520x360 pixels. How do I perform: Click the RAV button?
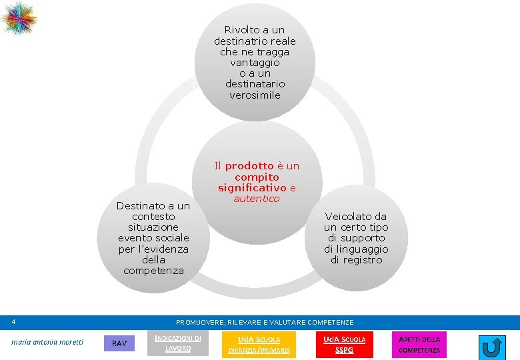click(x=119, y=343)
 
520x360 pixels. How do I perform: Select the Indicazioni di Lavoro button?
click(x=177, y=343)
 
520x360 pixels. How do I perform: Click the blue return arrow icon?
click(x=492, y=347)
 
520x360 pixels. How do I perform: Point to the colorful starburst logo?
click(x=19, y=18)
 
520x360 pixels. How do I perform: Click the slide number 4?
click(x=13, y=322)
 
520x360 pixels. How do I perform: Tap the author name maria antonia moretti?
click(x=47, y=343)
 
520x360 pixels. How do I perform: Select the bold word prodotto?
click(x=249, y=166)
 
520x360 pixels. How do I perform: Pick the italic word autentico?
click(x=256, y=199)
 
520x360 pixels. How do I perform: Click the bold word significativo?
click(x=252, y=188)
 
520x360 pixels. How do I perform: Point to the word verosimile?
click(x=255, y=95)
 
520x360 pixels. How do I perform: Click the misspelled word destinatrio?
click(x=247, y=41)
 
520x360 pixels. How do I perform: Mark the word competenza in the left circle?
click(x=153, y=270)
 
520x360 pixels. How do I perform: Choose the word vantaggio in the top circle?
click(x=255, y=62)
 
